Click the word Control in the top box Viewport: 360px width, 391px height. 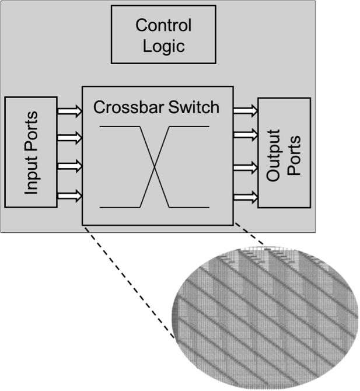(163, 26)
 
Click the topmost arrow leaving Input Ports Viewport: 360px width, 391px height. (70, 109)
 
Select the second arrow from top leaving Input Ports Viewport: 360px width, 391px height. (70, 138)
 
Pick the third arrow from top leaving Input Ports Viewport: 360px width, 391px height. (70, 166)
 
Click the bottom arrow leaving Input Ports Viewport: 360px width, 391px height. (70, 195)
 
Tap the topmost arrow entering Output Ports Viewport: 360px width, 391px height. (246, 109)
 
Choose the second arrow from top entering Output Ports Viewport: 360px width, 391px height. (246, 135)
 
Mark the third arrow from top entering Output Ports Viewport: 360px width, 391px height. (246, 169)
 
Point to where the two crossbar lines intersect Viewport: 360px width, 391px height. (154, 167)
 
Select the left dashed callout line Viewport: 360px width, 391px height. (130, 283)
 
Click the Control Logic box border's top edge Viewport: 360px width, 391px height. (163, 6)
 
